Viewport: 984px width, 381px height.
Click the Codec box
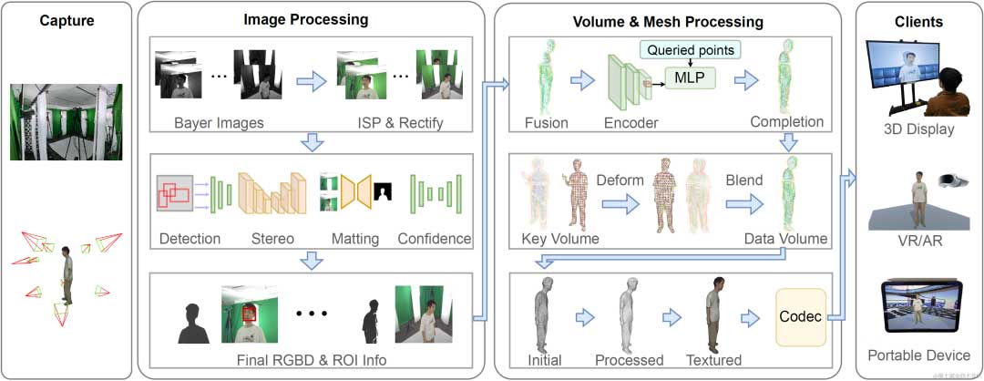click(799, 318)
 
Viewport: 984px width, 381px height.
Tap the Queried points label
click(689, 48)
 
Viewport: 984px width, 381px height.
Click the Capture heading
click(66, 21)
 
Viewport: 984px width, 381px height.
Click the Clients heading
click(918, 21)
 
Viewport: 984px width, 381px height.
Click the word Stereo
click(272, 239)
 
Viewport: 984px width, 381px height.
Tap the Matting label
click(355, 239)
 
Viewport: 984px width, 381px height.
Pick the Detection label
click(190, 239)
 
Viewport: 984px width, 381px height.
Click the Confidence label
click(435, 239)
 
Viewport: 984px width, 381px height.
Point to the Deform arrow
click(619, 204)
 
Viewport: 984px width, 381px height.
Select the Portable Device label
click(917, 355)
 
